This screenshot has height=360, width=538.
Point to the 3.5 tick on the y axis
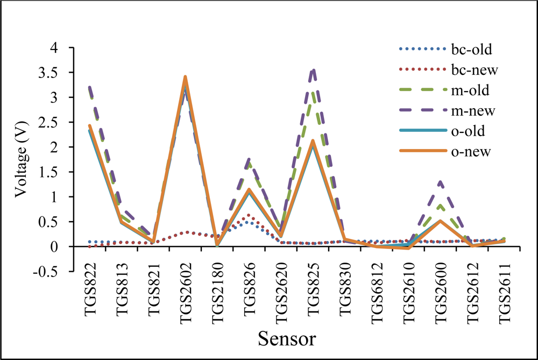pyautogui.click(x=55, y=73)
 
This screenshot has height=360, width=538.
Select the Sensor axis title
pyautogui.click(x=287, y=339)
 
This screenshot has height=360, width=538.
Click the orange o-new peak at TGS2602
pyautogui.click(x=185, y=77)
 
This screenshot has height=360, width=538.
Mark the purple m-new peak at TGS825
pyautogui.click(x=313, y=69)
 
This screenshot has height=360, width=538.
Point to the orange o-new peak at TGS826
pyautogui.click(x=249, y=189)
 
